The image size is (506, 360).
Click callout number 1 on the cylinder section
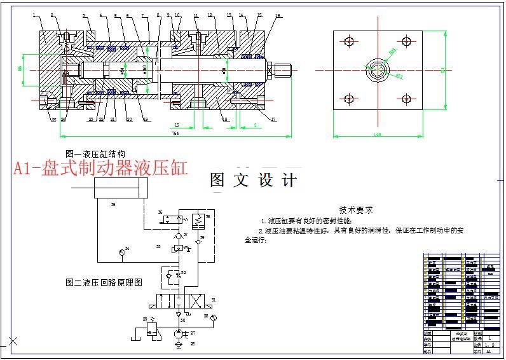tap(34, 14)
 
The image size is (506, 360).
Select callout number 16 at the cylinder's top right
tap(278, 15)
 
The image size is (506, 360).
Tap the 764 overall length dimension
tap(174, 134)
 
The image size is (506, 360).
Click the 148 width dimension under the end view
tap(377, 134)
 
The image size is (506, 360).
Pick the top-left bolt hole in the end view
tap(348, 42)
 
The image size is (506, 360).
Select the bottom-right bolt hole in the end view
tap(407, 99)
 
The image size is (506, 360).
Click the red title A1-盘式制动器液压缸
tap(101, 169)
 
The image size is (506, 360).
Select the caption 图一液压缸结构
tap(95, 154)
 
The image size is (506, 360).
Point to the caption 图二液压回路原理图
tap(103, 281)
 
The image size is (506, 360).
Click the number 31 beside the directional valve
tap(214, 300)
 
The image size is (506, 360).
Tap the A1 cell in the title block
tap(488, 351)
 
